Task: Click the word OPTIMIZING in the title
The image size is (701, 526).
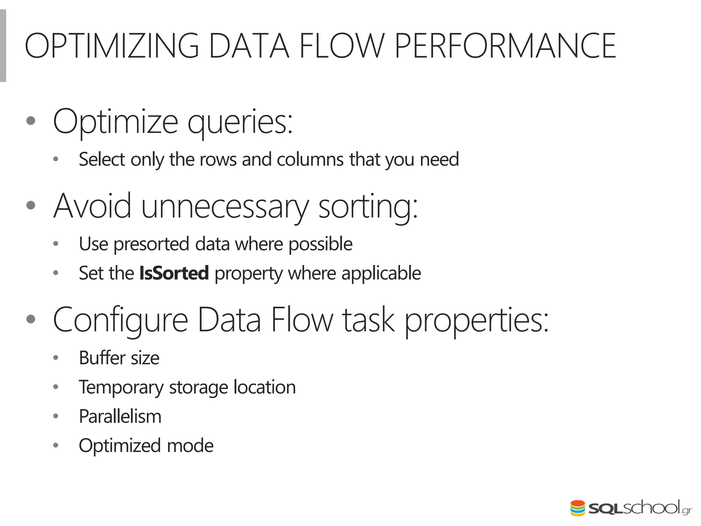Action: point(112,46)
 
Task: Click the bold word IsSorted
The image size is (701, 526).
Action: point(174,273)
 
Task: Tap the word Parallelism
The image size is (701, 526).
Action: point(120,416)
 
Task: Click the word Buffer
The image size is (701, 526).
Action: point(102,358)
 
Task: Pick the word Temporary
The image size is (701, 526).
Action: point(121,388)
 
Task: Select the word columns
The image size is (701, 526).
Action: point(310,160)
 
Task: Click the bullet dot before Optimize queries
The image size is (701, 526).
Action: point(31,121)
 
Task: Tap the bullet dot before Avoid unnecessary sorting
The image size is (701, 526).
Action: point(31,205)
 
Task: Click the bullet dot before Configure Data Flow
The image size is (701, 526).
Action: point(31,319)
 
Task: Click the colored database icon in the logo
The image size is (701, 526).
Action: point(577,508)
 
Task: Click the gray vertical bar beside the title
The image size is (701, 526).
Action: point(3,46)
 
